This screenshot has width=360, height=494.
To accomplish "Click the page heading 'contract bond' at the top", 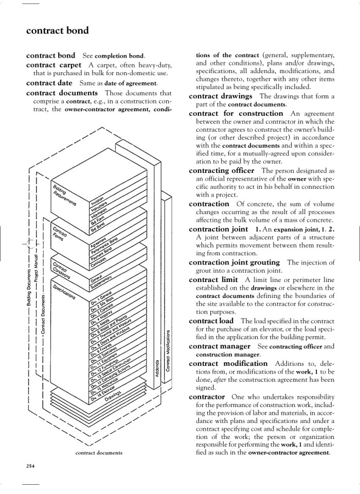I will pos(57,30).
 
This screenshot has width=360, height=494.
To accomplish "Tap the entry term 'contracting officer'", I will pos(221,170).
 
